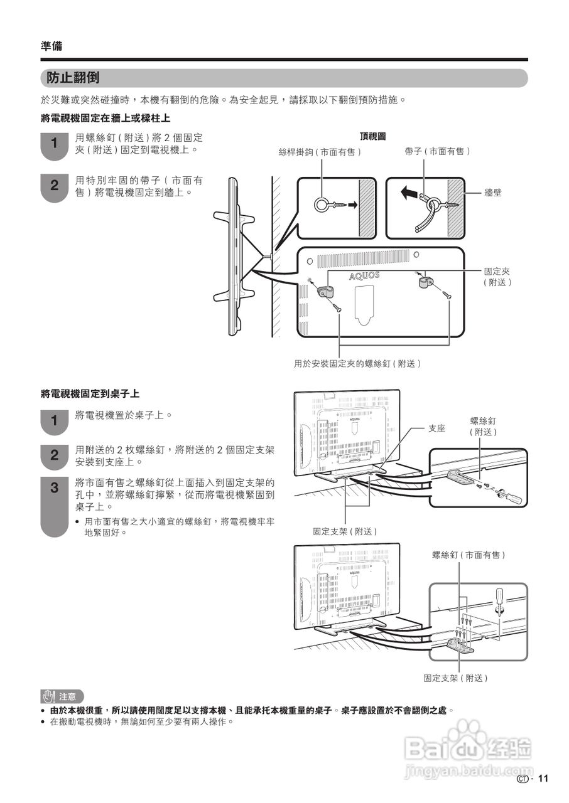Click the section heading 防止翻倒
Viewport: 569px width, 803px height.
coord(73,78)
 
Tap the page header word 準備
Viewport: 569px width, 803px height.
coord(51,46)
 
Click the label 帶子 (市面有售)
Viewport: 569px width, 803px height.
coord(438,151)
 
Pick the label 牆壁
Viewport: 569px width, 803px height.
coord(492,193)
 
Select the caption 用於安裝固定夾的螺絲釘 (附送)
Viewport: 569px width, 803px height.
coord(357,363)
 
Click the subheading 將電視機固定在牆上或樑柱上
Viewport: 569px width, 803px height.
coord(105,118)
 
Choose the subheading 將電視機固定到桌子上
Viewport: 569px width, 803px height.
coord(90,394)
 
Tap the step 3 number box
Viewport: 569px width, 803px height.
coord(55,487)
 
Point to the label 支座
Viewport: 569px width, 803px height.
coord(436,428)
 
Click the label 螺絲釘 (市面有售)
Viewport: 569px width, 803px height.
coord(468,555)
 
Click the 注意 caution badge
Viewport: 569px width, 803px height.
coord(62,696)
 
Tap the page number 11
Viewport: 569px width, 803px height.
coord(543,779)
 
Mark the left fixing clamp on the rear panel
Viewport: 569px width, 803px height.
coord(325,290)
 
